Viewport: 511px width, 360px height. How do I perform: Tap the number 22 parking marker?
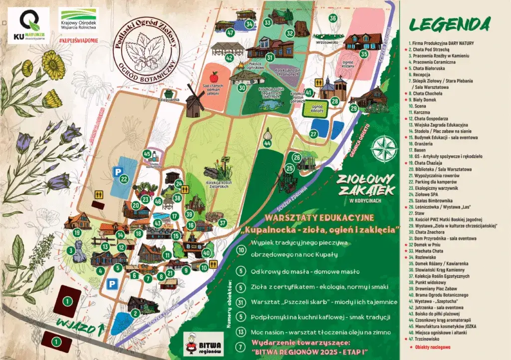[124, 179]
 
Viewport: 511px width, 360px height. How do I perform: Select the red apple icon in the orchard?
[214, 77]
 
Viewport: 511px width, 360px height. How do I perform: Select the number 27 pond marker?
[313, 134]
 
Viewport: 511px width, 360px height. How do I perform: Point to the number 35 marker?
[364, 53]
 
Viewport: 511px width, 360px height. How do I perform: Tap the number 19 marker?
[77, 232]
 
